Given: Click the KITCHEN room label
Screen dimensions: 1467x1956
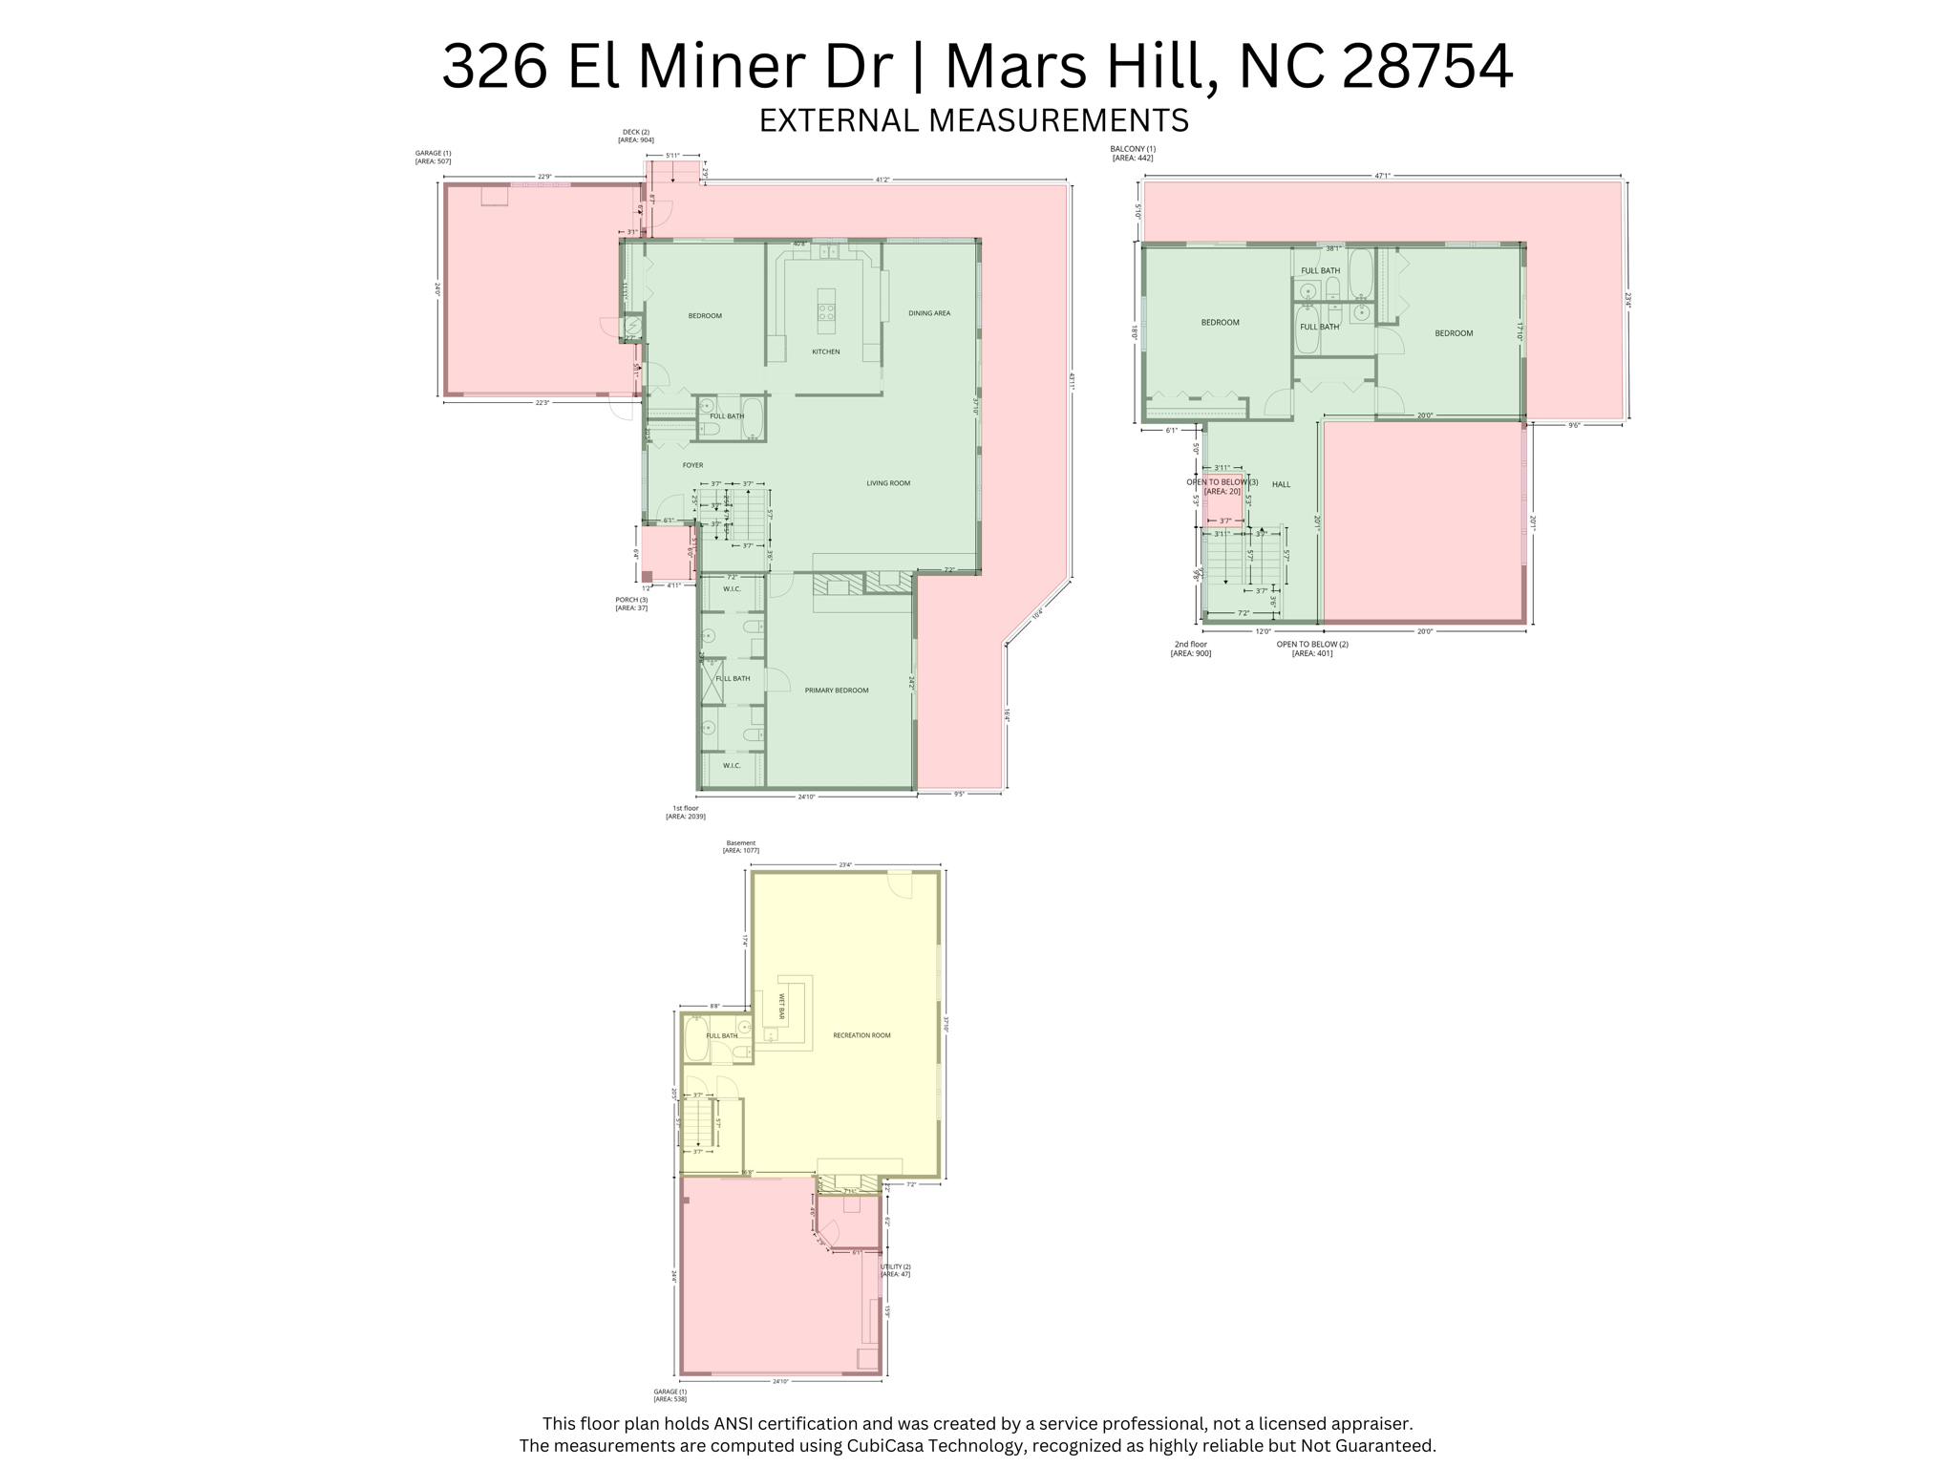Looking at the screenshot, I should [x=825, y=351].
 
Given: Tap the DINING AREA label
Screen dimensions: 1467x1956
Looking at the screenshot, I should [x=928, y=313].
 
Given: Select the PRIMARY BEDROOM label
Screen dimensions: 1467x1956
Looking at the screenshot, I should [x=836, y=691].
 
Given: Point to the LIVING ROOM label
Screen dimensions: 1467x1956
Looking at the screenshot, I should [x=887, y=483].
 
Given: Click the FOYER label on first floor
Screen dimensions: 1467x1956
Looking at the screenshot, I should [x=692, y=465].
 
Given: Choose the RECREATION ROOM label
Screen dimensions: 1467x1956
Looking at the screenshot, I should [x=861, y=1035].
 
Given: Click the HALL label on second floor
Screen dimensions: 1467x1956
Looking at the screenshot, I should [x=1281, y=484].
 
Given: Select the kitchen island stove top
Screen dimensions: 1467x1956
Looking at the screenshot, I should [x=826, y=311].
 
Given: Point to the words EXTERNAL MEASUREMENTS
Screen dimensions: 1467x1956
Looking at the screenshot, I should [x=973, y=120].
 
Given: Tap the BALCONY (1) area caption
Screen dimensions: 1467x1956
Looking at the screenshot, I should [x=1133, y=153].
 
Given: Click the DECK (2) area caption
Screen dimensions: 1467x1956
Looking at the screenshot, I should [x=635, y=136].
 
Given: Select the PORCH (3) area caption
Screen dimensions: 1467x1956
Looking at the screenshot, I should [x=631, y=604].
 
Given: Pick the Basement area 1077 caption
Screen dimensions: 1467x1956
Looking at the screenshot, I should [x=740, y=847].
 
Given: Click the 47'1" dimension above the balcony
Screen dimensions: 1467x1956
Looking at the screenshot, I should [x=1381, y=176].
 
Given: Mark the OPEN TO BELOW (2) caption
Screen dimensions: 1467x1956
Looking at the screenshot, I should [x=1312, y=648].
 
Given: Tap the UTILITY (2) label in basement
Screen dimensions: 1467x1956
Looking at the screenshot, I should [x=895, y=1270].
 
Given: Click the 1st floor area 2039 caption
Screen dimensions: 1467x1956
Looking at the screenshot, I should [x=685, y=813].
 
